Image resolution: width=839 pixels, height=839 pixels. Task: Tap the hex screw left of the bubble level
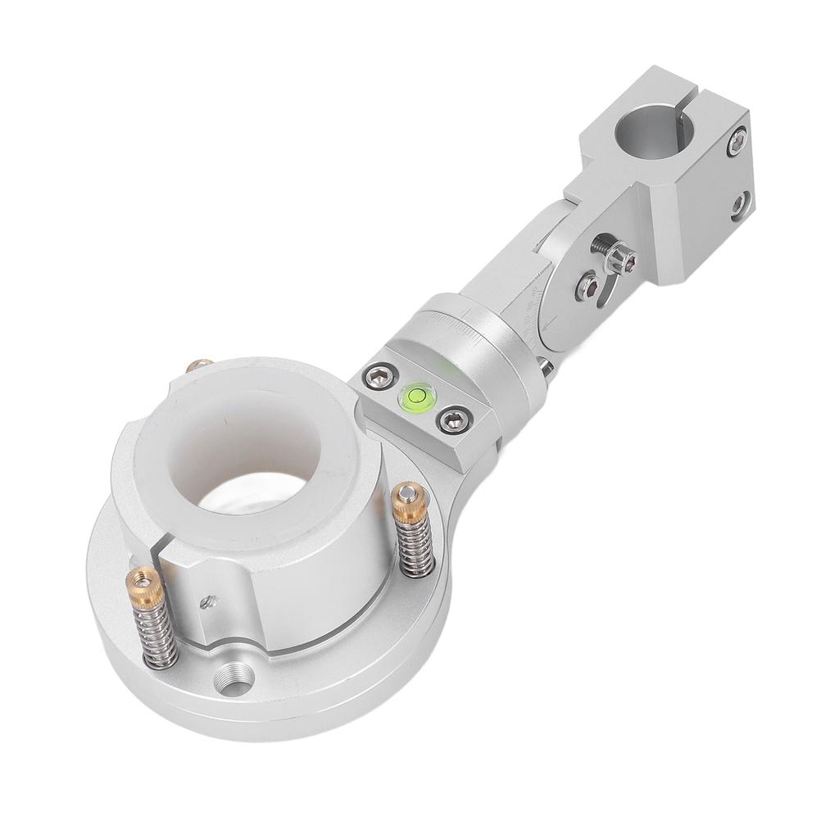(378, 378)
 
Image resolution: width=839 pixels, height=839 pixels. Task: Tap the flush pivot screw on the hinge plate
(588, 284)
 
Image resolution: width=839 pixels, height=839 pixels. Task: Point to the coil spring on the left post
(157, 635)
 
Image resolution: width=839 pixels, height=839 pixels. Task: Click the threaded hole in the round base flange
(234, 679)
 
